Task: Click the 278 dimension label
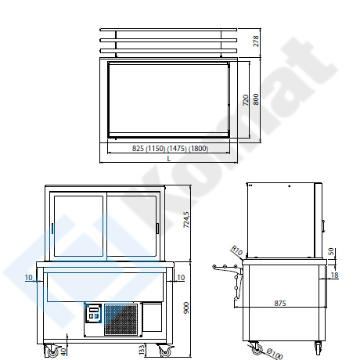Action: pyautogui.click(x=256, y=41)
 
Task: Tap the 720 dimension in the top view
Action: pyautogui.click(x=246, y=100)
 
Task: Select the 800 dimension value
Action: pyautogui.click(x=256, y=99)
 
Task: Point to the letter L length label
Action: pyautogui.click(x=169, y=158)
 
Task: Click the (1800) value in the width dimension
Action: pyautogui.click(x=199, y=149)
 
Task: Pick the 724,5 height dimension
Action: pyautogui.click(x=186, y=219)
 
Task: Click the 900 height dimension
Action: pyautogui.click(x=186, y=308)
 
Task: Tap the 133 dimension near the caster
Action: pyautogui.click(x=142, y=350)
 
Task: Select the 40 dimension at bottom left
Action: pyautogui.click(x=63, y=351)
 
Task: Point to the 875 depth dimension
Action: pyautogui.click(x=280, y=303)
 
